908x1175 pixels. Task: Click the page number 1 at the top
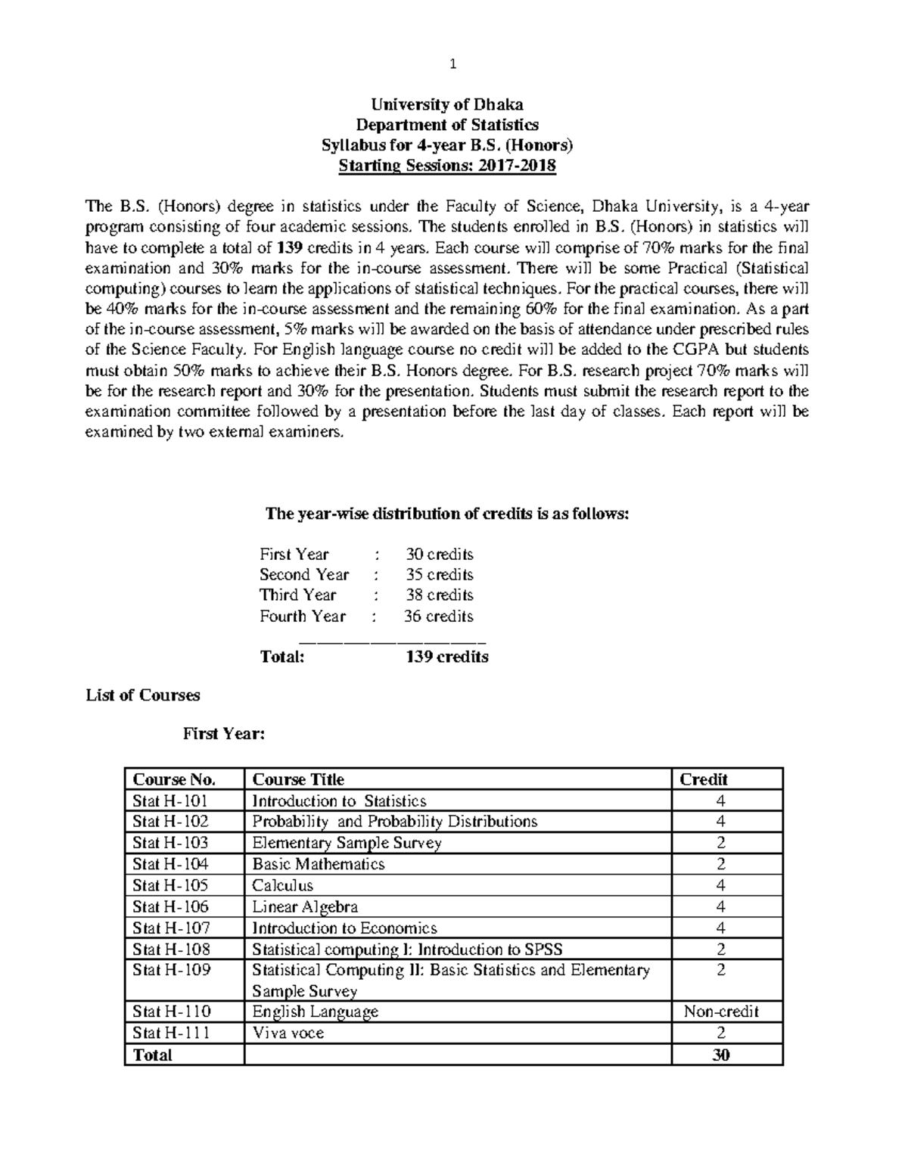[453, 64]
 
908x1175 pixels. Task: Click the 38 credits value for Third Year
[439, 595]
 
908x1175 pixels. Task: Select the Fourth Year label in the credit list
[303, 616]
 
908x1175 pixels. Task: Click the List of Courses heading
[143, 695]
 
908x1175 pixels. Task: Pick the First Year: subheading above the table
[223, 733]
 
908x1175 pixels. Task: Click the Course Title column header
[298, 779]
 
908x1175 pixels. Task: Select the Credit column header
[704, 779]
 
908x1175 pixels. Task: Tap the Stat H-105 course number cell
[170, 885]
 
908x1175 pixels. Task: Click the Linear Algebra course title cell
[305, 906]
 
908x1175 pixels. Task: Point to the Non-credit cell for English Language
[721, 1012]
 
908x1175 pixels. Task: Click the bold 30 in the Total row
[721, 1055]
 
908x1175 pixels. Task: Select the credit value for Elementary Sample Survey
[721, 843]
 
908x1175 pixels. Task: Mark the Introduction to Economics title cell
[344, 928]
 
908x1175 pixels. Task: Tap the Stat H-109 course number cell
[170, 970]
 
